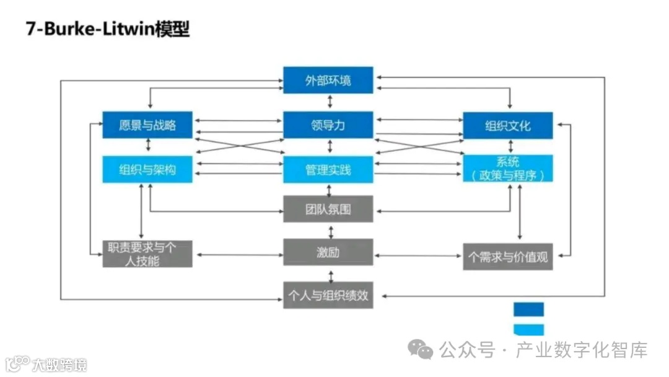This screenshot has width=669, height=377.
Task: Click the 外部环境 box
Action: (328, 80)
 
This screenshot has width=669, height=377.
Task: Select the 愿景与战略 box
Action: (147, 125)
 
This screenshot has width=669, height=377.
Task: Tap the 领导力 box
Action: (328, 125)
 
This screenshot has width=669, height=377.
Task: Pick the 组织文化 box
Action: (508, 125)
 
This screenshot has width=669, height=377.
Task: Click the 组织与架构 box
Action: (147, 169)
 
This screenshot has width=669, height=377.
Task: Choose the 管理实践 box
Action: (328, 169)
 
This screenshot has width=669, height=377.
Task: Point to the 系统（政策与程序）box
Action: (508, 169)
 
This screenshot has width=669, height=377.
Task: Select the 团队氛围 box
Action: (328, 209)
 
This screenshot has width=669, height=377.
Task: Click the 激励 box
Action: (328, 253)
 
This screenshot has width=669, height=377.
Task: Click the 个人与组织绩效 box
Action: (328, 295)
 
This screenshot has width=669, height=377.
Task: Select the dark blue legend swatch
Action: (528, 309)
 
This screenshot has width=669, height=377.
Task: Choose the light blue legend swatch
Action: (528, 329)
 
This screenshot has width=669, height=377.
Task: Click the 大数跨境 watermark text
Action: (59, 364)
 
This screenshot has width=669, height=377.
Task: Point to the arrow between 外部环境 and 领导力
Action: (330, 102)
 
